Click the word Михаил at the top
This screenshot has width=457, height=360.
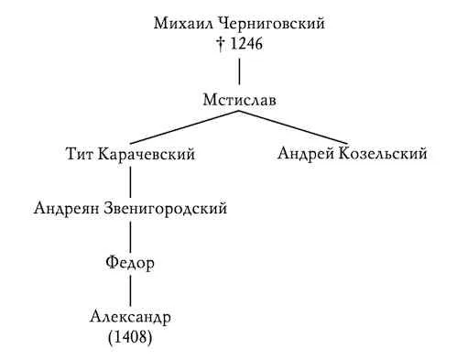(x=181, y=24)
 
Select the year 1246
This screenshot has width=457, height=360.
(x=246, y=44)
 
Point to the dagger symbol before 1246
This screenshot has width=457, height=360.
(x=221, y=44)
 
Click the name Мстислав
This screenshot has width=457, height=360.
(x=240, y=100)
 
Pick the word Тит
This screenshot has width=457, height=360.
(x=80, y=154)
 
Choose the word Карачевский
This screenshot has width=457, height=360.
(x=147, y=154)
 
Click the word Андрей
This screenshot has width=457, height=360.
(x=306, y=154)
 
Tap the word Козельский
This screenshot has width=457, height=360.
(x=383, y=154)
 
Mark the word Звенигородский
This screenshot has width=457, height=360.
(x=166, y=209)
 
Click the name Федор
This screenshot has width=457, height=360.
(x=130, y=263)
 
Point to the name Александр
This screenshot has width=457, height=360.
(x=130, y=317)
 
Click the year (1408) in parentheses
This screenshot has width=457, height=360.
(x=130, y=337)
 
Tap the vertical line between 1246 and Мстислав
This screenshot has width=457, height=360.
(x=239, y=71)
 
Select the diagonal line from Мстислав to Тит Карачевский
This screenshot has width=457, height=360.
(x=185, y=127)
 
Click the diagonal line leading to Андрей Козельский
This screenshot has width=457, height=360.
(x=293, y=127)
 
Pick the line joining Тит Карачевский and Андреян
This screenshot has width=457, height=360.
(x=131, y=182)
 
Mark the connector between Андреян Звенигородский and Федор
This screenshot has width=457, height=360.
(x=131, y=237)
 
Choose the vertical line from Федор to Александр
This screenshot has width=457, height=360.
(x=131, y=290)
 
